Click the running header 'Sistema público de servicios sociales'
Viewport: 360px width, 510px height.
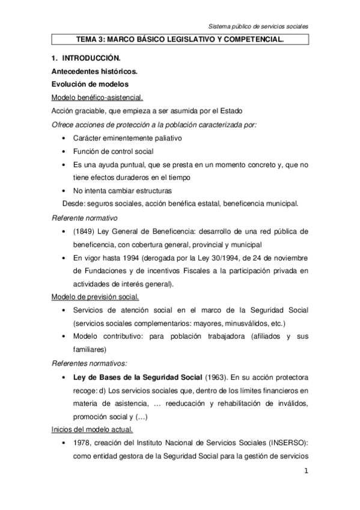tap(258, 27)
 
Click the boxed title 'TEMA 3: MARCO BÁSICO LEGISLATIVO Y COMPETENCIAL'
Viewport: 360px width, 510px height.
tap(180, 40)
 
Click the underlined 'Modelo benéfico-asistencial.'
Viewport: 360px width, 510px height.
tap(97, 97)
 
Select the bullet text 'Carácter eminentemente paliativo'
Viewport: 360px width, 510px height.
tap(127, 138)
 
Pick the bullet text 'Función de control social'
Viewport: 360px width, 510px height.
tap(114, 152)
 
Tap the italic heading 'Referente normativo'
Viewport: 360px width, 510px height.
tap(84, 218)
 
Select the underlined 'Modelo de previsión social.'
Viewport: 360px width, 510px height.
tap(96, 297)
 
